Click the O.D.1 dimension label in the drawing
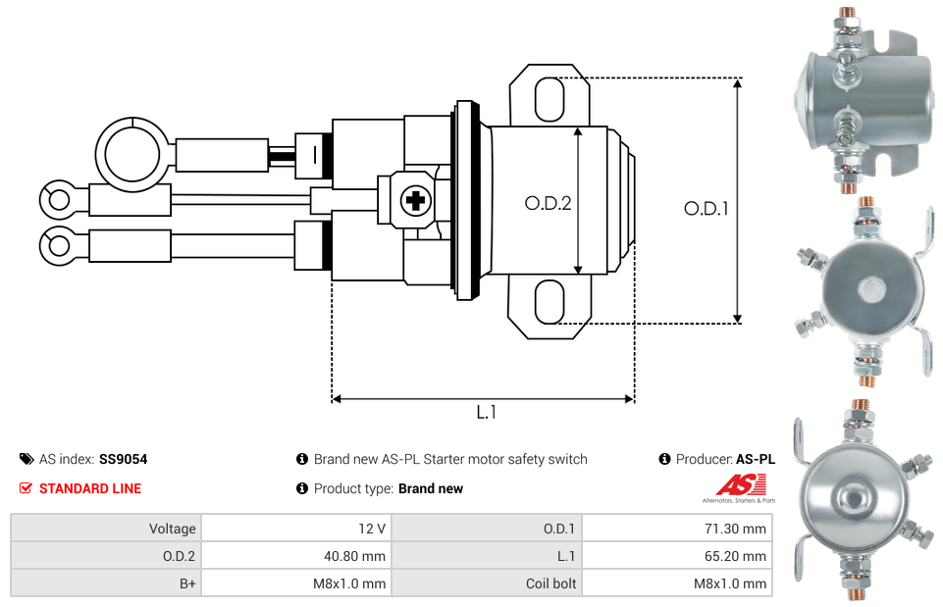pos(707,209)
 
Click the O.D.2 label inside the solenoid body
pos(548,203)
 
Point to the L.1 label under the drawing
pos(486,412)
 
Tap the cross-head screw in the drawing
pos(416,201)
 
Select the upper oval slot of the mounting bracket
pos(550,99)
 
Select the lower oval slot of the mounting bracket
pos(550,302)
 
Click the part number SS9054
pos(124,459)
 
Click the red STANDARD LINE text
pos(90,488)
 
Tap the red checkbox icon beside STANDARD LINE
pos(26,488)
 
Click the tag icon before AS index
pos(26,459)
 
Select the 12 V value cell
pos(296,529)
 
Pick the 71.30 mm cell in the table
pos(677,529)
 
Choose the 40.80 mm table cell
pos(296,556)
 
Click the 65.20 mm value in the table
pos(735,556)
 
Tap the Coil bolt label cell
pos(487,582)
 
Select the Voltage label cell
pos(106,529)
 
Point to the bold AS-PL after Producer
pos(756,459)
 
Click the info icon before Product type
pos(302,488)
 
